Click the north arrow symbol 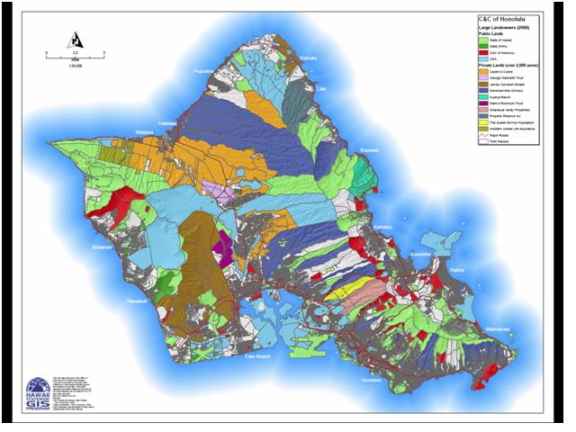tap(75, 40)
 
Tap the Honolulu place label tap(373, 381)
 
